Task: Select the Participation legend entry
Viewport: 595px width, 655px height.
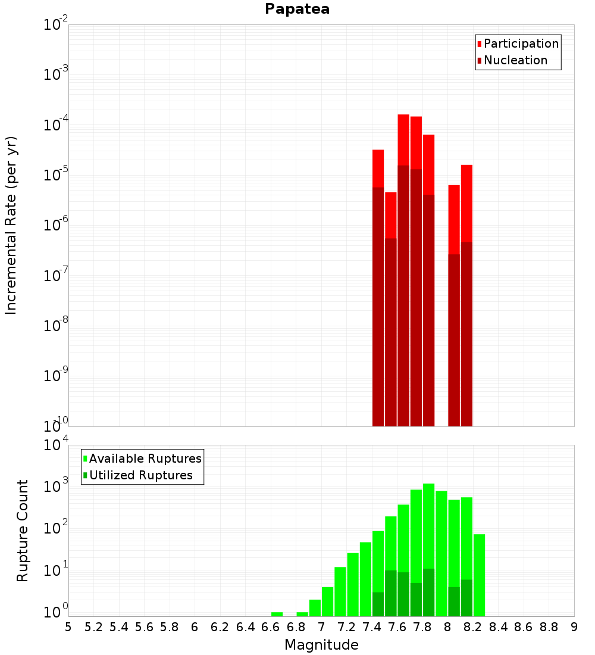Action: [x=521, y=44]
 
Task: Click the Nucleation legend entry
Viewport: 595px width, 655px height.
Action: [x=515, y=61]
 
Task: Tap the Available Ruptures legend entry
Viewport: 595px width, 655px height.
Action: [x=145, y=458]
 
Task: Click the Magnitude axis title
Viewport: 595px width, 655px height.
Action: [x=321, y=645]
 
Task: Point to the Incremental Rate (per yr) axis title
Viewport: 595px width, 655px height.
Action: [x=11, y=225]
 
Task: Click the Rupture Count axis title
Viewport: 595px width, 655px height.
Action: [x=23, y=530]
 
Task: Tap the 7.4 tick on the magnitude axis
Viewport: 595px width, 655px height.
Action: [x=372, y=627]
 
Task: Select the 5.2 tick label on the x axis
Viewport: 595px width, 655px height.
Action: [x=94, y=627]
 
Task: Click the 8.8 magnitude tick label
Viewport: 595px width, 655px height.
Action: [x=549, y=627]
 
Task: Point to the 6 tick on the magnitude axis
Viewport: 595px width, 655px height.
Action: [x=195, y=627]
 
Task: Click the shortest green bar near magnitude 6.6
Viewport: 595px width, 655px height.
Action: [x=277, y=614]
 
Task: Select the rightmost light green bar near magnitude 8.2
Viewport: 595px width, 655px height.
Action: [x=479, y=575]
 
